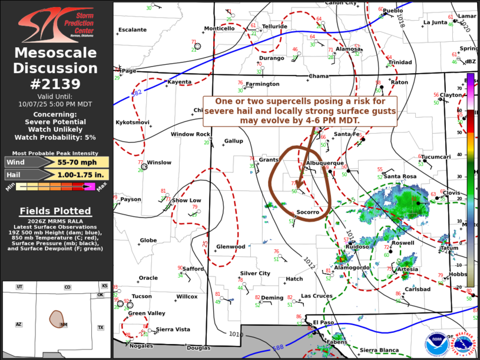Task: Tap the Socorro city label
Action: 307,212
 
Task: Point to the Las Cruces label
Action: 316,296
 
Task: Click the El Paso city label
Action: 323,322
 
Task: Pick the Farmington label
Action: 262,84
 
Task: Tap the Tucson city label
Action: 141,296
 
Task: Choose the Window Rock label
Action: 190,134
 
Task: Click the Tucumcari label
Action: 435,157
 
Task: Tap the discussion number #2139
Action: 57,84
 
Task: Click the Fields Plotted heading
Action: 55,211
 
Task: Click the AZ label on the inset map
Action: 18,325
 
